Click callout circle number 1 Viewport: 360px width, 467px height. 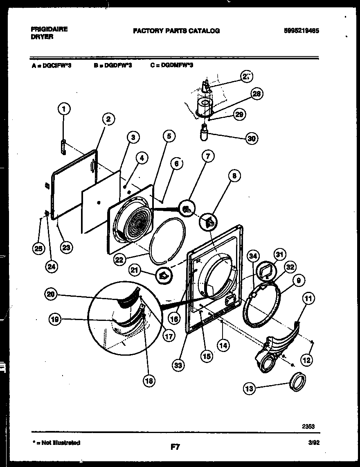click(x=64, y=109)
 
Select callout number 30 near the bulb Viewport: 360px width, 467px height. click(x=252, y=138)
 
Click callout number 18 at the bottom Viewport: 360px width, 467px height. click(x=149, y=381)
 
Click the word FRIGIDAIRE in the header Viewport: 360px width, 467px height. click(x=49, y=29)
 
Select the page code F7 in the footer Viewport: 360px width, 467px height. click(x=175, y=447)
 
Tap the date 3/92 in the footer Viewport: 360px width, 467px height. click(x=312, y=443)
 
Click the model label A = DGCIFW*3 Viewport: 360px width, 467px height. click(x=51, y=65)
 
